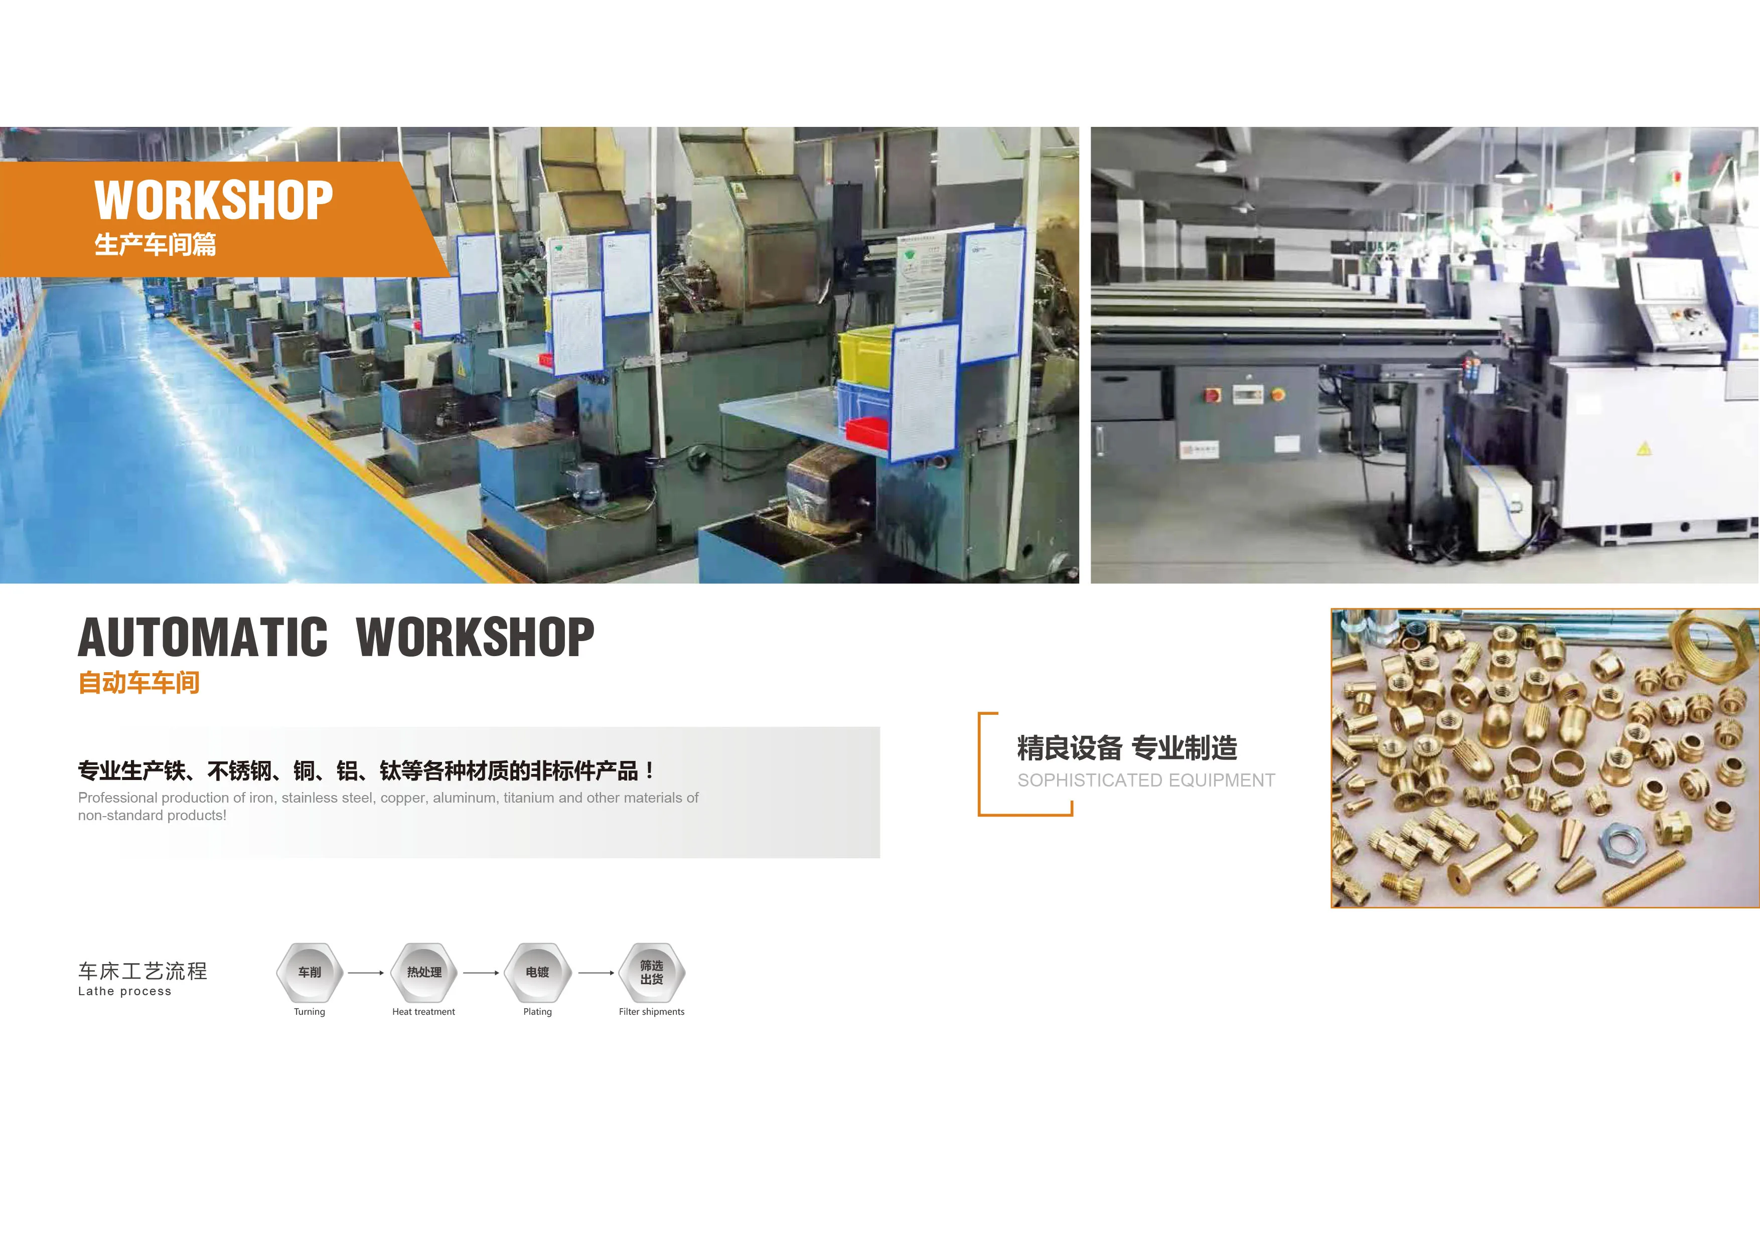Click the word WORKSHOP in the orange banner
[x=214, y=200]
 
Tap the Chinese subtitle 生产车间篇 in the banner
[x=155, y=244]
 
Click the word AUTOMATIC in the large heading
[x=203, y=637]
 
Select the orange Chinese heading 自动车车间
[x=139, y=682]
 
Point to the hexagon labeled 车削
[x=310, y=972]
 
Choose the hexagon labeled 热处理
[x=424, y=972]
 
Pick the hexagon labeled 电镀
[x=537, y=972]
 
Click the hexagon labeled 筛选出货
[x=652, y=972]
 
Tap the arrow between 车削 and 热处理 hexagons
[x=366, y=973]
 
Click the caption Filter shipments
[x=652, y=1012]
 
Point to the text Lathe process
[x=125, y=991]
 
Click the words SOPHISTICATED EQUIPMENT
[x=1146, y=781]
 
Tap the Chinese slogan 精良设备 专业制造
[x=1127, y=748]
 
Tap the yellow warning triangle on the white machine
[x=1644, y=449]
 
